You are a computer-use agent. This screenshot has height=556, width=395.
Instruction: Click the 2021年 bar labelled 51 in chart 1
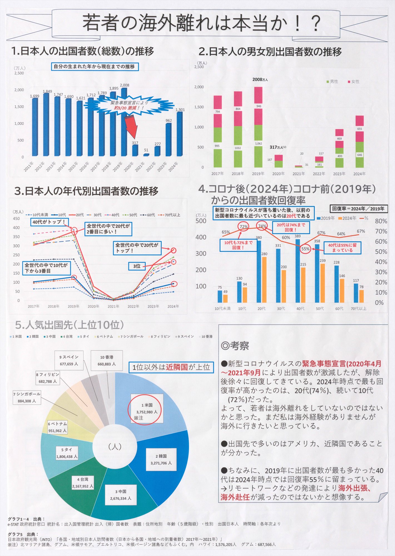[146, 155]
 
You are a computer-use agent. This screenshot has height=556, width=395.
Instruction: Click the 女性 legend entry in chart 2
[354, 81]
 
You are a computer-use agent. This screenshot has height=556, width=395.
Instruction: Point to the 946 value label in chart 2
[259, 106]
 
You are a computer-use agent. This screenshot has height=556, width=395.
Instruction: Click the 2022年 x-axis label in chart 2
[319, 174]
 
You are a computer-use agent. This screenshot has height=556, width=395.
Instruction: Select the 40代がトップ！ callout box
[49, 222]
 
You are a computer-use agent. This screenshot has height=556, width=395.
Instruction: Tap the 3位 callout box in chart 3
[136, 266]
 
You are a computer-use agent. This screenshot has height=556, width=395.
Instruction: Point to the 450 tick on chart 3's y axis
[16, 219]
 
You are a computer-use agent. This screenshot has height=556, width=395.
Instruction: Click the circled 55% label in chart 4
[305, 249]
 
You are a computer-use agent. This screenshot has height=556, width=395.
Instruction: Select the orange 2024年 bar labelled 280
[264, 279]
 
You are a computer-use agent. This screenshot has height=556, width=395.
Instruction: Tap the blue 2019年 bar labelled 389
[298, 271]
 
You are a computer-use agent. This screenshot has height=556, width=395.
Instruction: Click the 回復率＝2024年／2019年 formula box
[358, 209]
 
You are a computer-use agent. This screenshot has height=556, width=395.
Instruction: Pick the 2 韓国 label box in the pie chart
[161, 460]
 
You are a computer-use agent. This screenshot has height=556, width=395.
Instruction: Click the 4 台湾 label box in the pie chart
[83, 483]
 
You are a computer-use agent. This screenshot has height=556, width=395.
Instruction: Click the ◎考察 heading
[235, 346]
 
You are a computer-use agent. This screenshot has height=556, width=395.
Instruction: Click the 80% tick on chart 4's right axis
[381, 221]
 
